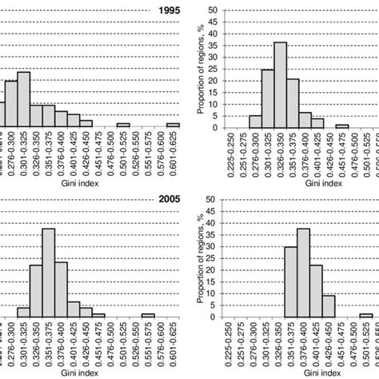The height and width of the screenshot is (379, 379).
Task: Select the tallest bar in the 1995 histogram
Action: coord(23,100)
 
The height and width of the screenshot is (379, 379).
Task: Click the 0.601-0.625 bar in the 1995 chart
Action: coord(173,126)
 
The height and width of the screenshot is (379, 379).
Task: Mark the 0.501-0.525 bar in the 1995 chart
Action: coord(123,126)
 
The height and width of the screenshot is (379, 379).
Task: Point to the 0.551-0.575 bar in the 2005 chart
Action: coord(148,315)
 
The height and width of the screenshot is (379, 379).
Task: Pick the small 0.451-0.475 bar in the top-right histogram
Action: coord(341,126)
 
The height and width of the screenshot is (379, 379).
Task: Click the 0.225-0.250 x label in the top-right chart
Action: coord(230,152)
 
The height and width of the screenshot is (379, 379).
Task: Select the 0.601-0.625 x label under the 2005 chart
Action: coord(173,341)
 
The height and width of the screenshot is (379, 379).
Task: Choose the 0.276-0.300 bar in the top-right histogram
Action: coord(255,122)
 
